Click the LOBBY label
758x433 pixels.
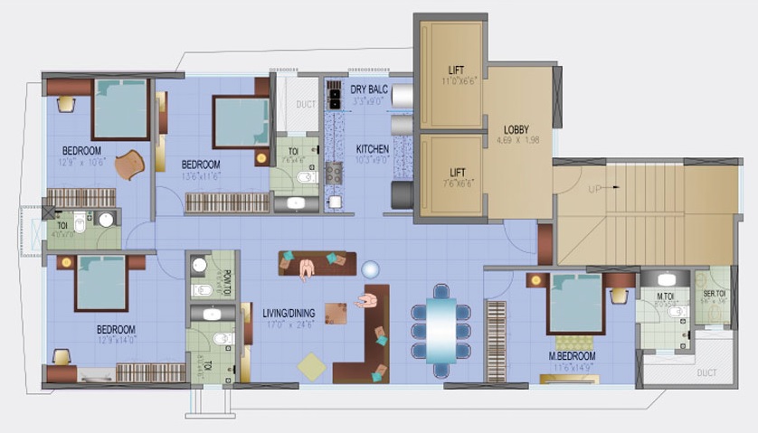516,129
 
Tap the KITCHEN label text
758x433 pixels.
372,149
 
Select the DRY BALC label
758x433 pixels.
370,89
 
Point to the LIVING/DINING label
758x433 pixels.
289,313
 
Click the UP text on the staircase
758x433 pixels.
593,188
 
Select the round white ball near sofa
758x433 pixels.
370,269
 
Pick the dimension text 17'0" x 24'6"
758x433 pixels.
289,325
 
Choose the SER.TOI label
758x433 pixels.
715,294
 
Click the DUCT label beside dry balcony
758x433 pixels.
307,105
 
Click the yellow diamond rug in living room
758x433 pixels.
312,366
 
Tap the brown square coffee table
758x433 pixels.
336,313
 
